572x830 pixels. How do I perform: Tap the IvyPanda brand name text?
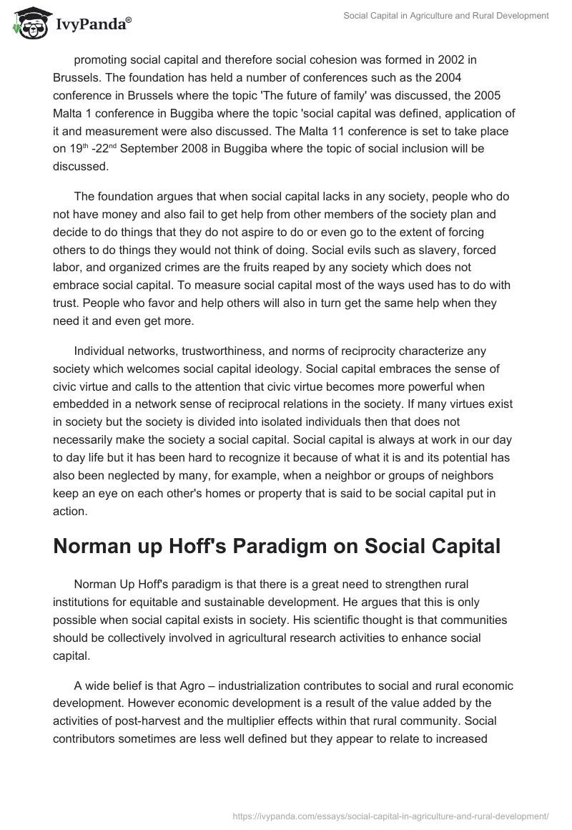pyautogui.click(x=90, y=25)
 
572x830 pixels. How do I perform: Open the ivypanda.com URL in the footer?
pyautogui.click(x=392, y=815)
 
